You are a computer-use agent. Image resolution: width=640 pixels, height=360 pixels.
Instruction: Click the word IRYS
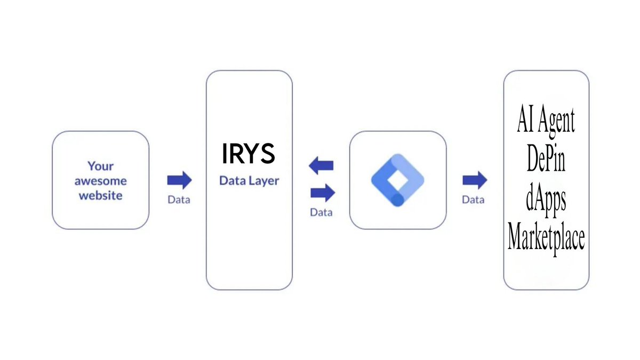point(249,154)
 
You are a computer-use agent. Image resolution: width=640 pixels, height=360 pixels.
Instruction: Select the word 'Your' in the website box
point(101,166)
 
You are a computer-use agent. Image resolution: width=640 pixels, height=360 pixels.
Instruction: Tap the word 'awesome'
point(101,181)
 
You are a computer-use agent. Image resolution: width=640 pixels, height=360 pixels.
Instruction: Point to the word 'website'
point(101,196)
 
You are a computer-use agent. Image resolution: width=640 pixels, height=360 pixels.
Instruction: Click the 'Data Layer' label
point(249,181)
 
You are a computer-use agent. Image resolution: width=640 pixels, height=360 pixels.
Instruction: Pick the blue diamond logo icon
point(397,180)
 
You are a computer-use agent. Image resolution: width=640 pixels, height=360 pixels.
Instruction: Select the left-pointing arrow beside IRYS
point(321,166)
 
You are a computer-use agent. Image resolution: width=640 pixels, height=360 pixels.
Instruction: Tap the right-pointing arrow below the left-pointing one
point(322,191)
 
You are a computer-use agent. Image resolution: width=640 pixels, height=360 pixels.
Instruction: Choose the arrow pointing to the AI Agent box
point(474,180)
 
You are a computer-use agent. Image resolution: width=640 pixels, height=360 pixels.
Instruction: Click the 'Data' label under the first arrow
point(179,201)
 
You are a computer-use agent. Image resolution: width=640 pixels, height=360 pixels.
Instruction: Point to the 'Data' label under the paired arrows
point(322,212)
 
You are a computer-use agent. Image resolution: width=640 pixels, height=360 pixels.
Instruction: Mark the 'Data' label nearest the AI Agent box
point(474,200)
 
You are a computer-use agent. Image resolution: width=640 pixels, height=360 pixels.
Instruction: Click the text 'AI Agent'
point(546,122)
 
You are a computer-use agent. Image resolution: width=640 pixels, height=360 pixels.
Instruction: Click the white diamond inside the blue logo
point(397,180)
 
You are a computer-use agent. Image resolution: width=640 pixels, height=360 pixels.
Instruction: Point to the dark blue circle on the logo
point(398,199)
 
